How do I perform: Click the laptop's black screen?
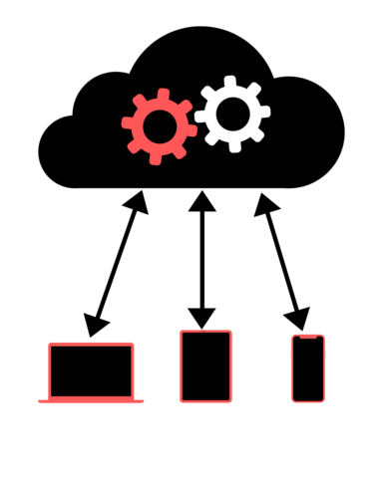pyautogui.click(x=91, y=370)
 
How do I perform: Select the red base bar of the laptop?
pyautogui.click(x=91, y=400)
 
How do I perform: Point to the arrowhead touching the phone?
pyautogui.click(x=297, y=318)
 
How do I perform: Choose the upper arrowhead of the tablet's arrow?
pyautogui.click(x=202, y=200)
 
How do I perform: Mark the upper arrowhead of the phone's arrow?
pyautogui.click(x=264, y=203)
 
